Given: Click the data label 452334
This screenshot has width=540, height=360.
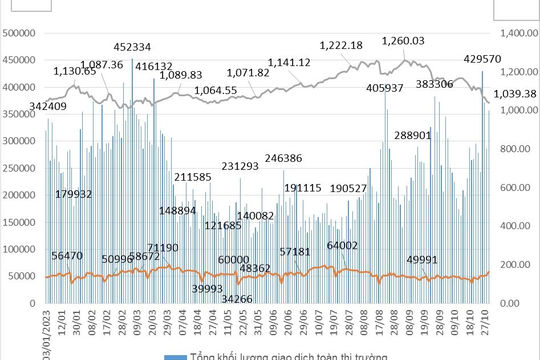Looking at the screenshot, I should pos(133,47).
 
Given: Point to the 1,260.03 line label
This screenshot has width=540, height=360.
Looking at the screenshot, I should pos(404,41).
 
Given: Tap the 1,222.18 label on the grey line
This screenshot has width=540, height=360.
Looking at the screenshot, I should pos(341,45).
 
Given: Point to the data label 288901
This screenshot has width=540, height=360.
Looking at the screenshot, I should pos(413,134).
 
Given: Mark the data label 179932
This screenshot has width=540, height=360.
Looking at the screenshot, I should pos(74,193).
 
